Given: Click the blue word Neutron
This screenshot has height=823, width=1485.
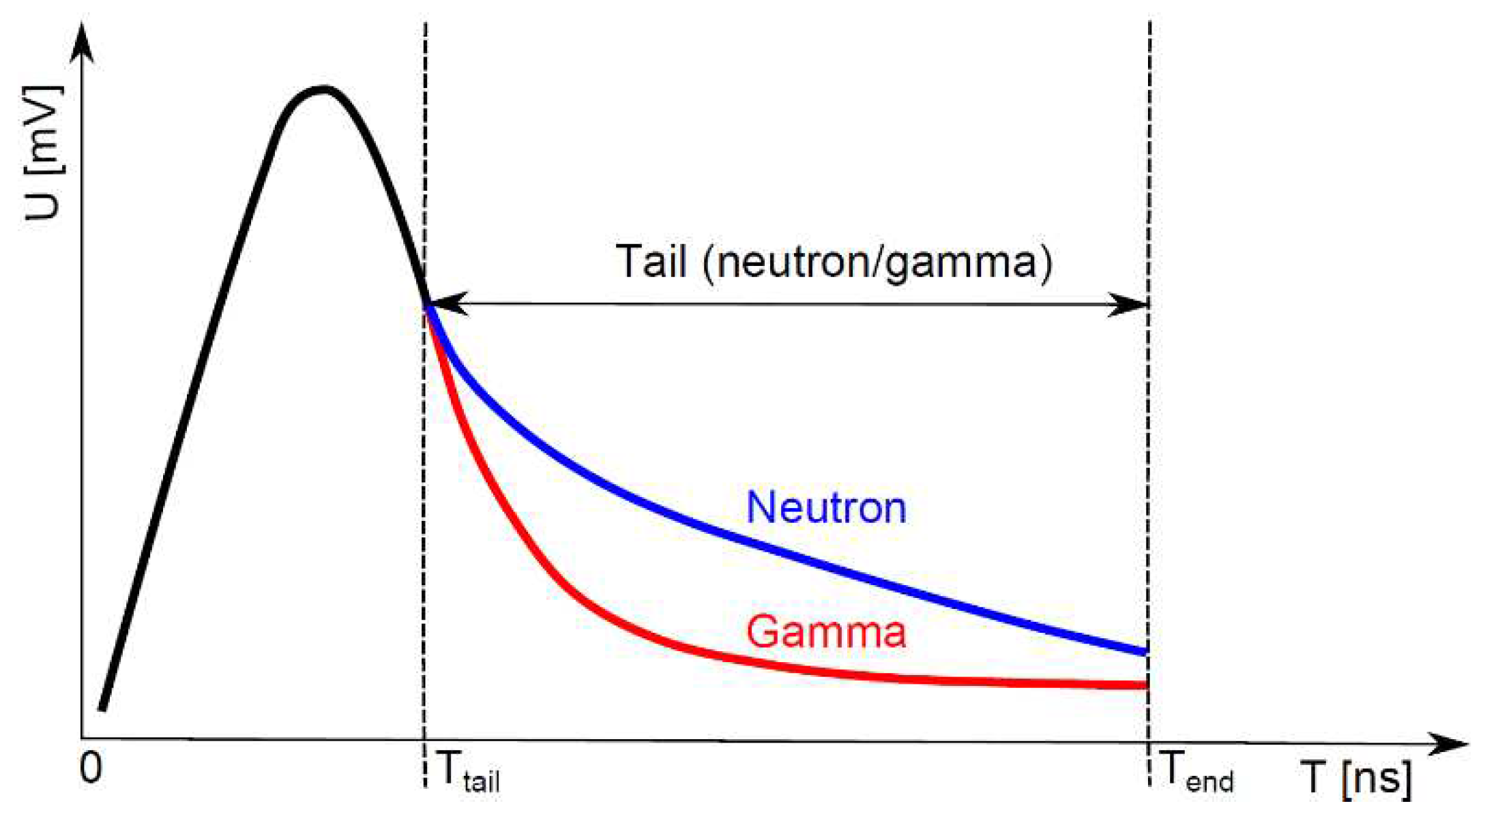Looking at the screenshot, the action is pyautogui.click(x=826, y=508).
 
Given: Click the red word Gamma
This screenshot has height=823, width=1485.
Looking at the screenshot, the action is pyautogui.click(x=826, y=631).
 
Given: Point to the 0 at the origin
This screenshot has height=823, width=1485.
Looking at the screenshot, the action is pyautogui.click(x=91, y=768).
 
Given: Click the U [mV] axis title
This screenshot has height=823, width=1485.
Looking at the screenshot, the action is pyautogui.click(x=44, y=153).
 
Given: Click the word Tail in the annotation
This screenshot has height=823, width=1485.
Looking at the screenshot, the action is pyautogui.click(x=651, y=261).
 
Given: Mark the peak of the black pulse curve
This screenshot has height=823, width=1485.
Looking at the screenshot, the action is pyautogui.click(x=324, y=89).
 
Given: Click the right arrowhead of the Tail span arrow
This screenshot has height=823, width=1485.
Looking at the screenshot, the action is pyautogui.click(x=1130, y=304).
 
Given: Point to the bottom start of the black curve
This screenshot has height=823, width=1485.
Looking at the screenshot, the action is pyautogui.click(x=102, y=709).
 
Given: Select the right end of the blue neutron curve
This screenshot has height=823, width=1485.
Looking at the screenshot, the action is pyautogui.click(x=1146, y=652).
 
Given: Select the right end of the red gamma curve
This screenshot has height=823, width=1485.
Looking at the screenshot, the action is pyautogui.click(x=1146, y=685).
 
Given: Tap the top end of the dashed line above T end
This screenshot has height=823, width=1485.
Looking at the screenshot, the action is pyautogui.click(x=1150, y=24).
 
